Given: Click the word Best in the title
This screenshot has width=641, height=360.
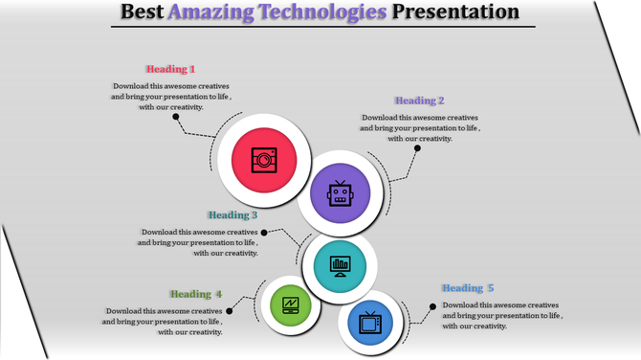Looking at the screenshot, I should (143, 12).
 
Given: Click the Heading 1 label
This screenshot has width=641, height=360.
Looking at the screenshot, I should (170, 69).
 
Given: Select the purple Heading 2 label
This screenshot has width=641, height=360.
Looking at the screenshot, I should (420, 101).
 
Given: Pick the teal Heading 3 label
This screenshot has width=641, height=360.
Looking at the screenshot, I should (232, 215).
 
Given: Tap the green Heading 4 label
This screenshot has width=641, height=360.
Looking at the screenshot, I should (196, 294).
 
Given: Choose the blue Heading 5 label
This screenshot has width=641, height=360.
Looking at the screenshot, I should (468, 288).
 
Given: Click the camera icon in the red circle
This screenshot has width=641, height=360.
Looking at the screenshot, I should (263, 159).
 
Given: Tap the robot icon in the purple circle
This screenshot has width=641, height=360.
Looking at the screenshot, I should (341, 194).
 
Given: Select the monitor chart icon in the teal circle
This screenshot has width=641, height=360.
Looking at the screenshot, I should (339, 264).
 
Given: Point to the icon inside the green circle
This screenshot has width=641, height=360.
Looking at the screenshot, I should (292, 306).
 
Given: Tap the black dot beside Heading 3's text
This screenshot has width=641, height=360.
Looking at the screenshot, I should (264, 232).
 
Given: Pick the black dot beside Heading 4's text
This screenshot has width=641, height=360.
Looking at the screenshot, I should (230, 310).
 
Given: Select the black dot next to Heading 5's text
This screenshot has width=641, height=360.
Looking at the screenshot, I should (432, 307).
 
